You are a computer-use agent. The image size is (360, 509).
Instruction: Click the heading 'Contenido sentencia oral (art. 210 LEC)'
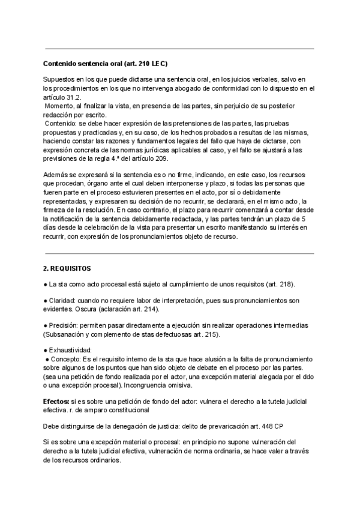106,64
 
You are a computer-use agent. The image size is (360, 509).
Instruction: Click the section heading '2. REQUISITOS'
68,267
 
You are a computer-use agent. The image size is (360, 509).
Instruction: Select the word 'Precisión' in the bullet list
64,325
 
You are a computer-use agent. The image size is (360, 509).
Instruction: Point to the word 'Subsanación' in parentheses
67,334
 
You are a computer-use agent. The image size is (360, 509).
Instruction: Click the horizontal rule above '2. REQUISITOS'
180,253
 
